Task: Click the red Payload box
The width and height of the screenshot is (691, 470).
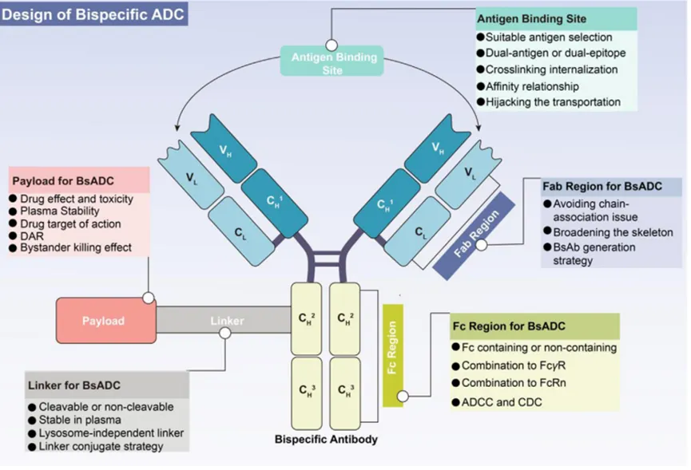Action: click(104, 321)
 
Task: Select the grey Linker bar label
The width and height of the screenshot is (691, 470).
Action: click(227, 321)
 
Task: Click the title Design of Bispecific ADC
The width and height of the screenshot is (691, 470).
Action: click(94, 14)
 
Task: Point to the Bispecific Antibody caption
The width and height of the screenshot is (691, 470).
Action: click(326, 439)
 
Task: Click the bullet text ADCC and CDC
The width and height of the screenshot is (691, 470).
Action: click(501, 401)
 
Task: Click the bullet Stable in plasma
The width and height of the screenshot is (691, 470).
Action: click(80, 420)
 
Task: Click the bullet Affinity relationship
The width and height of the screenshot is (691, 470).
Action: click(532, 86)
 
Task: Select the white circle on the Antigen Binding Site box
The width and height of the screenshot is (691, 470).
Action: click(332, 45)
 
